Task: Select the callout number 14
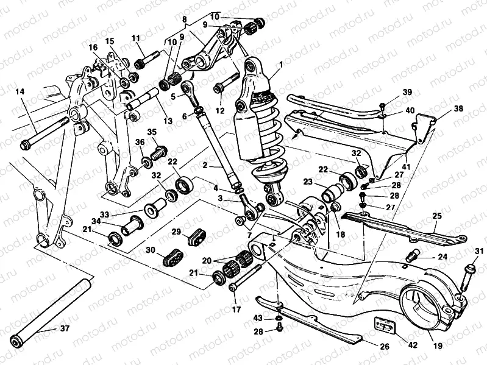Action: click(x=20, y=92)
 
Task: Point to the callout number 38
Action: click(x=458, y=108)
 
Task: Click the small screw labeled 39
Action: click(x=382, y=107)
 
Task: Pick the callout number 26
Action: click(x=385, y=347)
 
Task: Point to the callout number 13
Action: click(x=167, y=121)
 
